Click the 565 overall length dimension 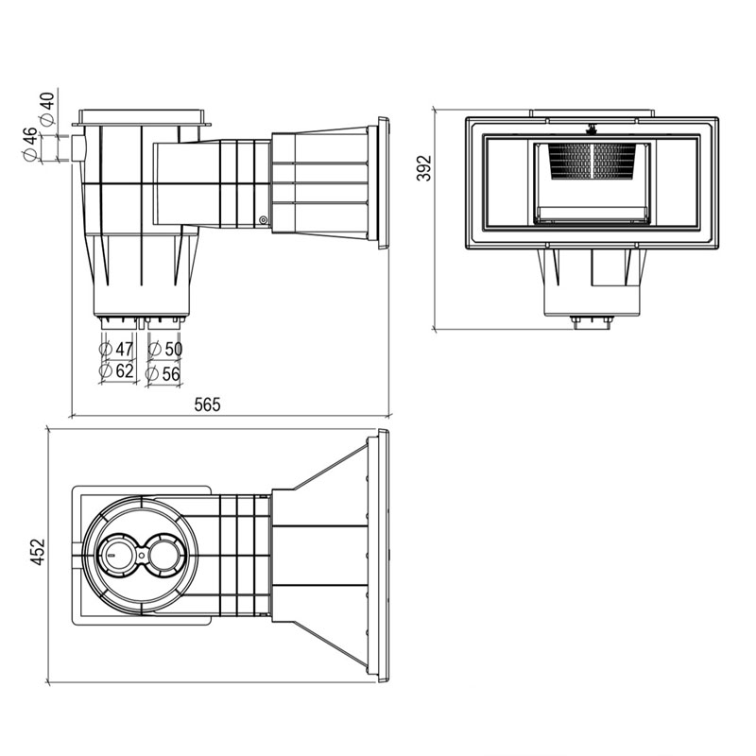click(x=207, y=404)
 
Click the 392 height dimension click(x=423, y=168)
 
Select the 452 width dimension click(x=37, y=552)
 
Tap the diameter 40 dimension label click(x=47, y=110)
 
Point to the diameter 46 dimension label click(x=30, y=145)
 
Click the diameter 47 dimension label click(x=116, y=349)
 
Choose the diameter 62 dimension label click(x=116, y=371)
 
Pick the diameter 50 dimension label click(x=164, y=349)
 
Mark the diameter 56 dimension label click(x=163, y=373)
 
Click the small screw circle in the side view click(x=263, y=220)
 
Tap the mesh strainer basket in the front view click(x=592, y=161)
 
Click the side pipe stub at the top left click(x=78, y=148)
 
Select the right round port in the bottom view click(x=163, y=555)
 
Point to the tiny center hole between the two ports click(x=141, y=555)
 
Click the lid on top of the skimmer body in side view click(x=142, y=117)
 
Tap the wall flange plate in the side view click(x=384, y=182)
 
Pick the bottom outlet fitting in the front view click(x=592, y=322)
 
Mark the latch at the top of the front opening click(x=592, y=129)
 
